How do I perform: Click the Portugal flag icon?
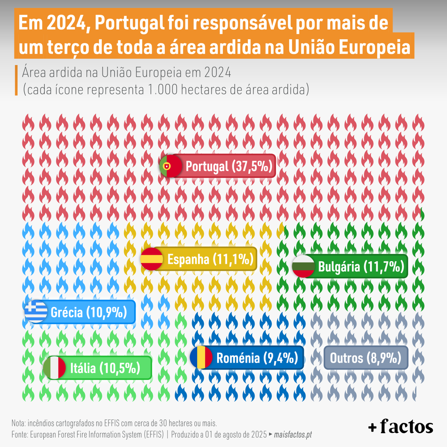pyautogui.click(x=171, y=166)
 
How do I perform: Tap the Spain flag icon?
pyautogui.click(x=152, y=259)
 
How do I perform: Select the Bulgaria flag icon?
pyautogui.click(x=303, y=266)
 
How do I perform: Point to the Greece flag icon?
pyautogui.click(x=36, y=311)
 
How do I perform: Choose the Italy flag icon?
pyautogui.click(x=54, y=368)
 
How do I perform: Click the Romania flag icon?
pyautogui.click(x=201, y=358)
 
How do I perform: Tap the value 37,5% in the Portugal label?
pyautogui.click(x=253, y=166)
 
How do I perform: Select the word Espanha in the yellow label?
pyautogui.click(x=188, y=259)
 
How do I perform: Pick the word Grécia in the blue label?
pyautogui.click(x=67, y=312)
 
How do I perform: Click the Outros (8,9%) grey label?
pyautogui.click(x=365, y=358)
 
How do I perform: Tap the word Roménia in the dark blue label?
pyautogui.click(x=238, y=358)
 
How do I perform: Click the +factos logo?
pyautogui.click(x=400, y=427)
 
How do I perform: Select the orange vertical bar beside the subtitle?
pyautogui.click(x=16, y=80)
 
